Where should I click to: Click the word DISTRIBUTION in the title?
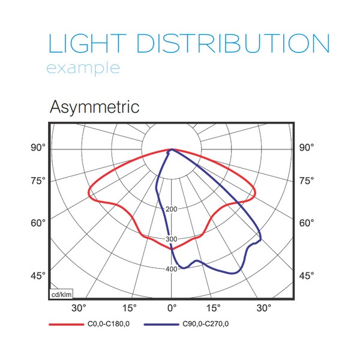click(x=233, y=43)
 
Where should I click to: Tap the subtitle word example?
click(x=83, y=68)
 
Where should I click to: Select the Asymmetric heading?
click(x=94, y=107)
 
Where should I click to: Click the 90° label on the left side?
click(x=38, y=148)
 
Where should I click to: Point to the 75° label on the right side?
click(x=307, y=181)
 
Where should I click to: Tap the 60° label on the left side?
click(x=38, y=223)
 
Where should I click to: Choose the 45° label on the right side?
click(x=307, y=275)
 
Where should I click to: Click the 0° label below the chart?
click(x=172, y=308)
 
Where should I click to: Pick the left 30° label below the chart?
click(x=79, y=308)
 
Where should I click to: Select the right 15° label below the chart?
click(x=213, y=308)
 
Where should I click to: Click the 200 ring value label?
click(x=171, y=209)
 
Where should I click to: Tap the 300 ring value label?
click(x=171, y=239)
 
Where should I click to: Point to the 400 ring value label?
click(x=171, y=269)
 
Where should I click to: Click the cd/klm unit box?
click(x=61, y=295)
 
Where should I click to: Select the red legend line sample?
click(x=67, y=325)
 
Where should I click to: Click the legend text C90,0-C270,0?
click(x=205, y=324)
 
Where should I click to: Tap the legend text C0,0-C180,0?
click(x=109, y=324)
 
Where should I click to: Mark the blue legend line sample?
click(x=161, y=325)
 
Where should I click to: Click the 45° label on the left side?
click(x=38, y=275)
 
